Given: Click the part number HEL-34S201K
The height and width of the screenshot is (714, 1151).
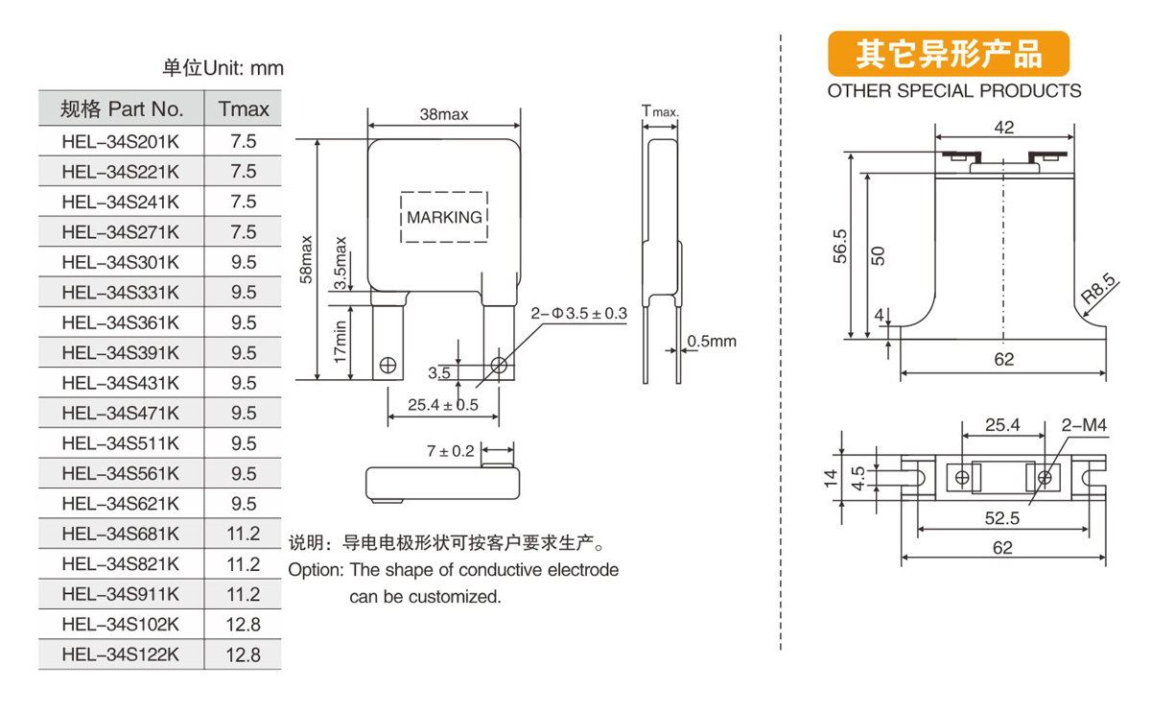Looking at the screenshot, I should click(120, 141).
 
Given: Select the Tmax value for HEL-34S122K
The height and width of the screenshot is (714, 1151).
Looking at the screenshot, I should click(245, 654).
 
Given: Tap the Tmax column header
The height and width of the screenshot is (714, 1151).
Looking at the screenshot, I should click(245, 108).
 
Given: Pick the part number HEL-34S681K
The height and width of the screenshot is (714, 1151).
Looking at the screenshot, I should click(120, 534).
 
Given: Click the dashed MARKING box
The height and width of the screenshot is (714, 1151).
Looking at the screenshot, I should click(443, 217).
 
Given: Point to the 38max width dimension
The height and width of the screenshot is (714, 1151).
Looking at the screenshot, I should click(443, 115).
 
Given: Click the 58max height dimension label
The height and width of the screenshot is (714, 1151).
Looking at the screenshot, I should click(306, 259).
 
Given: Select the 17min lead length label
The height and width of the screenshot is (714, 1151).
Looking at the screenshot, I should click(341, 342).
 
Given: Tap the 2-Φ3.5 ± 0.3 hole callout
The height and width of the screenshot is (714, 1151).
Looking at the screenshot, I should click(578, 314).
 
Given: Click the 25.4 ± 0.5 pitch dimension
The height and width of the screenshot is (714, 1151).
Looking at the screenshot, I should click(442, 405).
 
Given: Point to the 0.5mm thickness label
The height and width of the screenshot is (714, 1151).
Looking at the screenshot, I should click(712, 342).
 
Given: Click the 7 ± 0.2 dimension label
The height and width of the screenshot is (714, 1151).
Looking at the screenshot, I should click(451, 450).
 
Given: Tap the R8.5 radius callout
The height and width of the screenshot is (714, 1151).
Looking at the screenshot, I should click(1097, 291).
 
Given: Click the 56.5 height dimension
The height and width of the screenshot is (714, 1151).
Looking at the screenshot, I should click(840, 246).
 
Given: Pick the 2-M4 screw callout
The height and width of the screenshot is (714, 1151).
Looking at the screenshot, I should click(1084, 424).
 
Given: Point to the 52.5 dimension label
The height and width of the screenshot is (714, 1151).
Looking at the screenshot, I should click(1002, 518).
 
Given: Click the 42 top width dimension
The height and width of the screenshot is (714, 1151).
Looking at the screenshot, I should click(1003, 128).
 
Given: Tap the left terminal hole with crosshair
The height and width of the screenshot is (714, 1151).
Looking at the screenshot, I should click(388, 365).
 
